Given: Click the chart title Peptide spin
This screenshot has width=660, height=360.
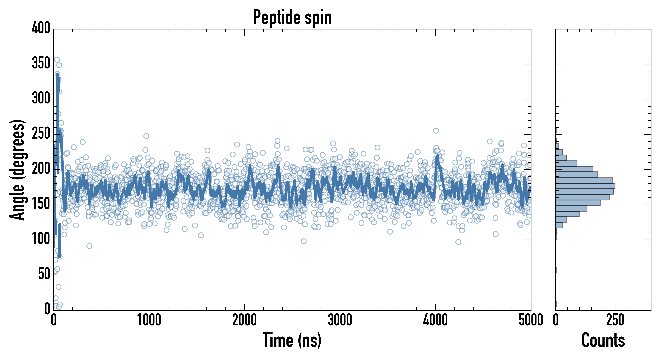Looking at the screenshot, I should tap(292, 17).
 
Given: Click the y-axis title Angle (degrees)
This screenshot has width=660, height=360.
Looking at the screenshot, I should tap(17, 170).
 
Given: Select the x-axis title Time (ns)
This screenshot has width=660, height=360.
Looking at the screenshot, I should tap(292, 340).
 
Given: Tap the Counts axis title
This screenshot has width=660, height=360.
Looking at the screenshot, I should tap(603, 340).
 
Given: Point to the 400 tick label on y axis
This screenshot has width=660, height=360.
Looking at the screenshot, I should tap(41, 28).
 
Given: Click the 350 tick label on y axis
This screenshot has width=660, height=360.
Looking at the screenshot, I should tap(41, 63).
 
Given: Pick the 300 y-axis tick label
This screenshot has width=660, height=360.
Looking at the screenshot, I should tap(41, 98).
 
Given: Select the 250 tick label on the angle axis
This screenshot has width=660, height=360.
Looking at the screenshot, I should tap(41, 133).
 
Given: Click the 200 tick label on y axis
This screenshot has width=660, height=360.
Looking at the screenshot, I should tap(41, 169).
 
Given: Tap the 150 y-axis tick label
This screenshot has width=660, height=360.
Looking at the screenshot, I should tap(41, 204).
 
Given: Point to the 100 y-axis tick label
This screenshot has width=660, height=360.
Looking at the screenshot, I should tap(41, 239).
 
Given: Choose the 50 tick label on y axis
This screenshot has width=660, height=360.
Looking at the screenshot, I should tap(44, 274).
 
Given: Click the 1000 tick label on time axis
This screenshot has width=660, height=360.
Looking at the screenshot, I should tap(149, 320).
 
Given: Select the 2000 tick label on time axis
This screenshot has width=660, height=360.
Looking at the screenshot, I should tap(244, 320).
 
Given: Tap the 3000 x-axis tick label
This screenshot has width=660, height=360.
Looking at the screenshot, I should tap(340, 320).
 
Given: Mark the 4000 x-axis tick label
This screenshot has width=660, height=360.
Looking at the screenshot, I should tap(435, 320).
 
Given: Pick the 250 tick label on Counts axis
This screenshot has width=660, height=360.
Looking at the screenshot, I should tap(615, 320).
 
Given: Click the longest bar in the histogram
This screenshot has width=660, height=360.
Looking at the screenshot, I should tap(585, 186).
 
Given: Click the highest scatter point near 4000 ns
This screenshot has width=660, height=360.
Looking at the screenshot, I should tap(436, 131).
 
